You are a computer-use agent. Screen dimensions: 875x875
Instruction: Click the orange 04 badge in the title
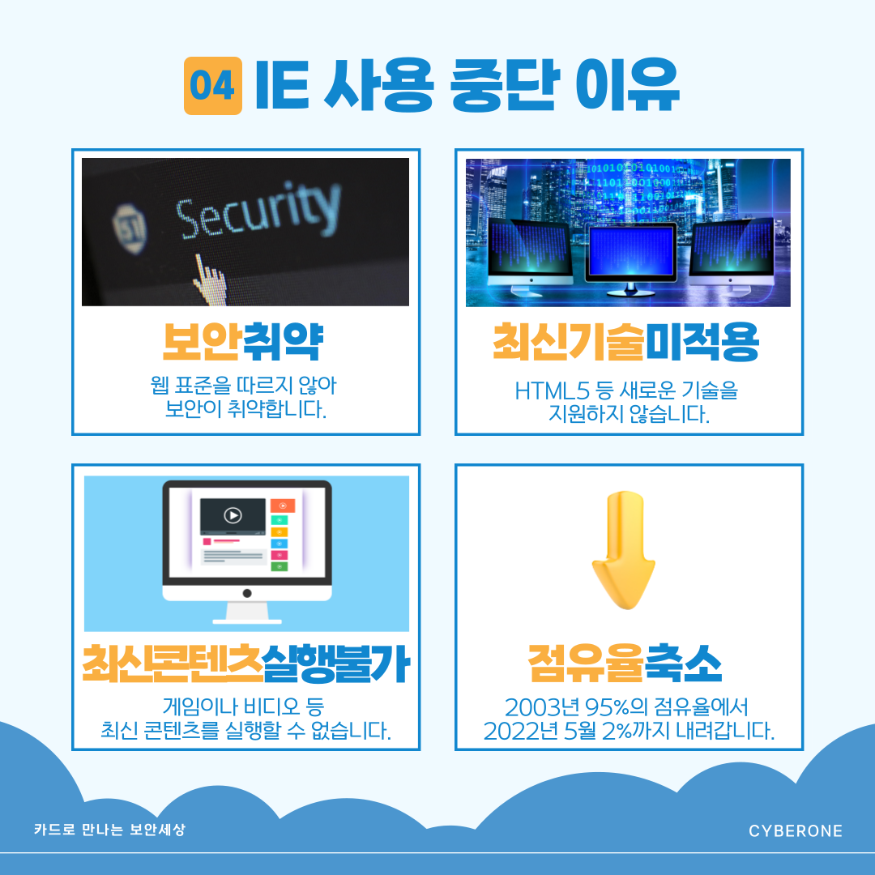tap(213, 86)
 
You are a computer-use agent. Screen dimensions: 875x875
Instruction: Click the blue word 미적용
tap(702, 344)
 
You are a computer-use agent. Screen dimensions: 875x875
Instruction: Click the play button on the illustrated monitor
tap(233, 515)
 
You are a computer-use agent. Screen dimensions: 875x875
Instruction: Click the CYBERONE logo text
tap(796, 831)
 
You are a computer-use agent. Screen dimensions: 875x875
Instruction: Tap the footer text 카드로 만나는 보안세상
tap(109, 830)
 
